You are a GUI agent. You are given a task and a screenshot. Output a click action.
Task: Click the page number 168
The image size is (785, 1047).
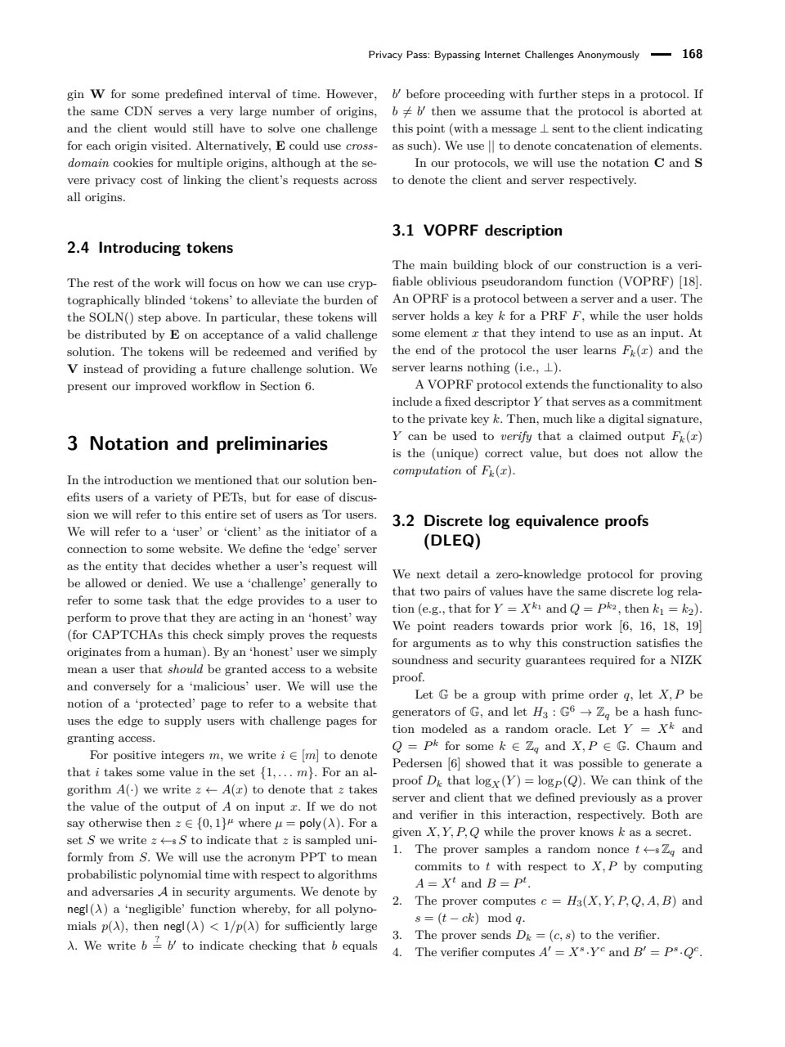pyautogui.click(x=692, y=55)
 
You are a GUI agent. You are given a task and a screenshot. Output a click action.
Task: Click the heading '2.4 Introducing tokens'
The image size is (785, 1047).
pyautogui.click(x=150, y=248)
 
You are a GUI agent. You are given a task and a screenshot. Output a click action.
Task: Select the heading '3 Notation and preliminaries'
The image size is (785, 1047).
pyautogui.click(x=197, y=444)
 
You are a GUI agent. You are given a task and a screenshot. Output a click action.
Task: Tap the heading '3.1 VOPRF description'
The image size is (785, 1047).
pyautogui.click(x=478, y=231)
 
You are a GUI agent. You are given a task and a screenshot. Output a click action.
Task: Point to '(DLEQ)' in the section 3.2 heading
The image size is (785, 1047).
pyautogui.click(x=451, y=541)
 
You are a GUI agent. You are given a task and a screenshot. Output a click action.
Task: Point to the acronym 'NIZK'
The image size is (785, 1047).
pyautogui.click(x=685, y=660)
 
